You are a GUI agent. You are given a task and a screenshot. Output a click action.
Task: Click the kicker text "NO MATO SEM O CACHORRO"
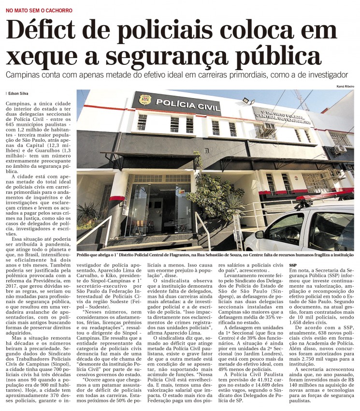point(39,10)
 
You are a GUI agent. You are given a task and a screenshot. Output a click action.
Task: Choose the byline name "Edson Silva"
point(19,93)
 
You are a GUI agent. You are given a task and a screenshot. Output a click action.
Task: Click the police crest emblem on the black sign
point(144,100)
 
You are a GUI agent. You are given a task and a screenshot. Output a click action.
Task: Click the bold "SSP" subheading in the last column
point(293,266)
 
